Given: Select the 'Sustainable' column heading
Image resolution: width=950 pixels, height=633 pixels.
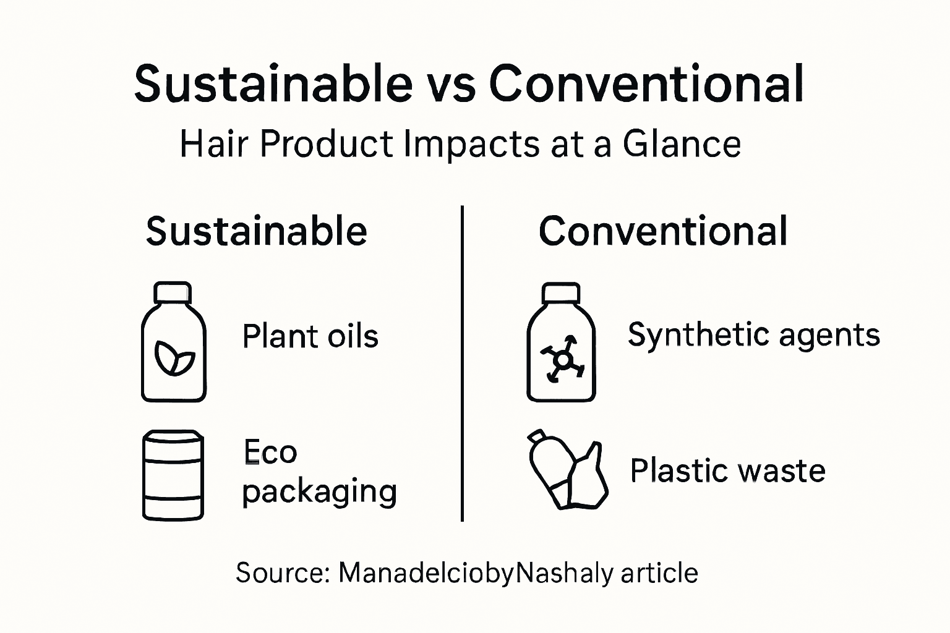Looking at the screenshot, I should pyautogui.click(x=257, y=231).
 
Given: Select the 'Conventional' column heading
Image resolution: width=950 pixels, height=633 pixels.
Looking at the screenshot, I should pyautogui.click(x=663, y=231).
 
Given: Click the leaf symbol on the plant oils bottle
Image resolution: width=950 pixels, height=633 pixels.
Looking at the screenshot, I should pyautogui.click(x=174, y=359).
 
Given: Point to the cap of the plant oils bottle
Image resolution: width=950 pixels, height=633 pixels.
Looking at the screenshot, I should pyautogui.click(x=173, y=292).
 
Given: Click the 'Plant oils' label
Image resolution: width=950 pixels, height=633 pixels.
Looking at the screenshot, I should pyautogui.click(x=310, y=337).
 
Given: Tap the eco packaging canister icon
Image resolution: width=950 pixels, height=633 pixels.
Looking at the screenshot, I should pyautogui.click(x=173, y=475).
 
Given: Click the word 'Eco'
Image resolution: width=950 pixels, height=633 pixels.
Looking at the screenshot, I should pyautogui.click(x=270, y=452).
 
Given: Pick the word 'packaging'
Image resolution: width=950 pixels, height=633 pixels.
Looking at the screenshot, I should pyautogui.click(x=319, y=491).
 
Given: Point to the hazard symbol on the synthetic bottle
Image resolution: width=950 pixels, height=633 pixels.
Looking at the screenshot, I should pyautogui.click(x=562, y=359).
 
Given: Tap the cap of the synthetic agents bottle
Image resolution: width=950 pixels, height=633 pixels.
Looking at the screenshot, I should pyautogui.click(x=561, y=293).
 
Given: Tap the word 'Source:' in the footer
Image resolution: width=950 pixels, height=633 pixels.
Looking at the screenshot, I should pyautogui.click(x=282, y=573).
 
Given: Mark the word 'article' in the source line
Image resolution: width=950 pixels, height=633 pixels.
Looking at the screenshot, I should pyautogui.click(x=659, y=573).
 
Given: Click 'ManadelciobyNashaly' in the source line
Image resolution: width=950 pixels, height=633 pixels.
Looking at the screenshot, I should pyautogui.click(x=476, y=573).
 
